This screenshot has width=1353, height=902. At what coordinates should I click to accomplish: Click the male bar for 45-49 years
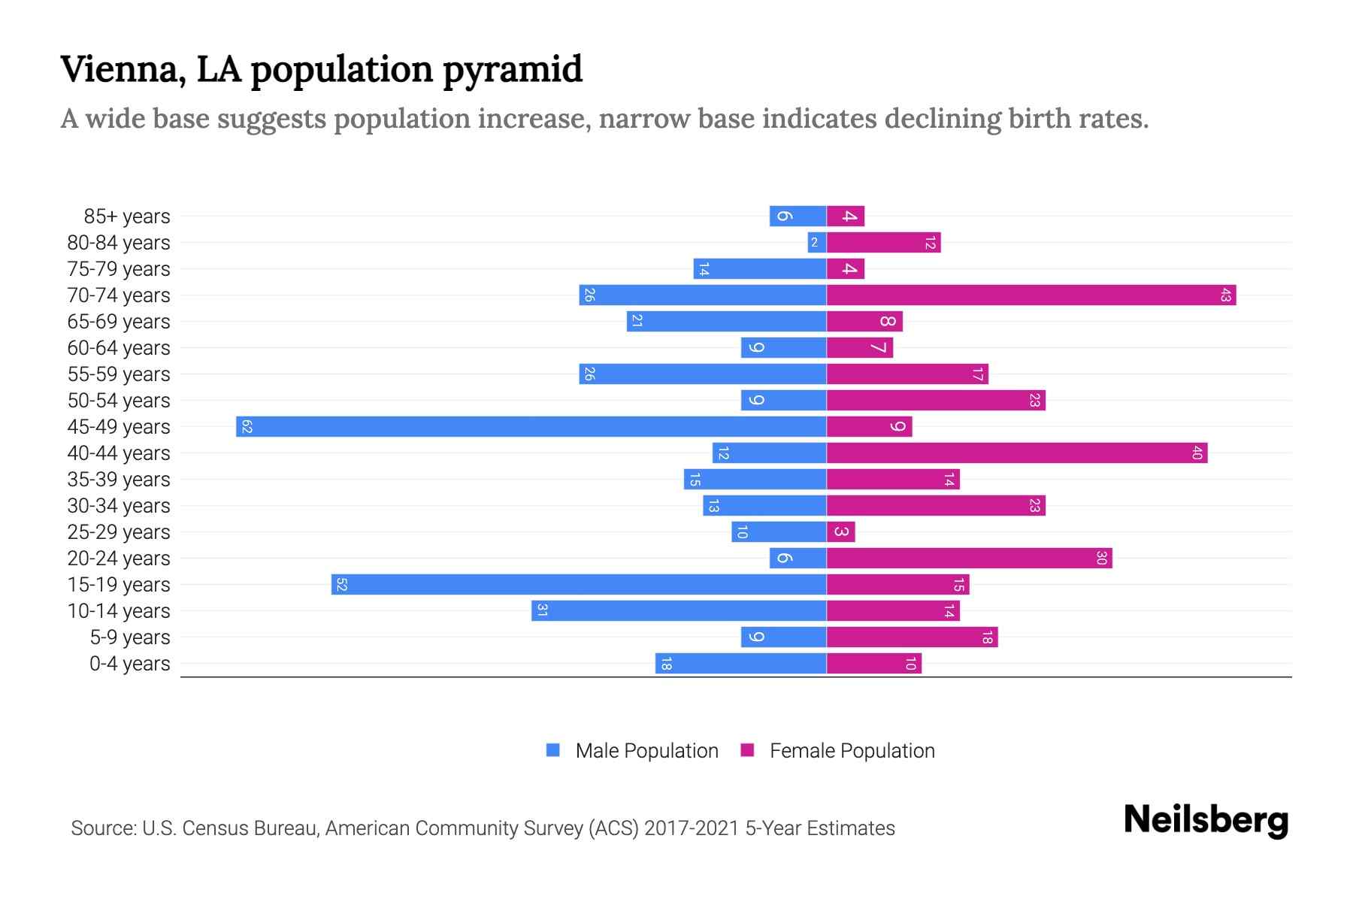[531, 426]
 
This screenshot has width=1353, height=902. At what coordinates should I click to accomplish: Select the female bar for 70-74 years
[1031, 295]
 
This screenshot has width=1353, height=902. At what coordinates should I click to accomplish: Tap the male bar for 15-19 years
[579, 584]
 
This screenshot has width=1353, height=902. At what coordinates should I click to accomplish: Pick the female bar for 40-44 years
[1017, 453]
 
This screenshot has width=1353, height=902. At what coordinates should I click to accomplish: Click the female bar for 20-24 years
[969, 558]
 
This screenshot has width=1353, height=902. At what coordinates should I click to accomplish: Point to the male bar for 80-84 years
[817, 242]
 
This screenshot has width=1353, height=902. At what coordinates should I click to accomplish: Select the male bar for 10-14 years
[679, 610]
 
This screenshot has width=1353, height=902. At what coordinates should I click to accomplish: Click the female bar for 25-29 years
[841, 531]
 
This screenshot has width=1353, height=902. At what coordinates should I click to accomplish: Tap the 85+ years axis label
[127, 216]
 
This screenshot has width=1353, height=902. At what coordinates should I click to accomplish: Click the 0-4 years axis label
[129, 664]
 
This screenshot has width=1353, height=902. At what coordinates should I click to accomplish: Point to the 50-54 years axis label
[119, 401]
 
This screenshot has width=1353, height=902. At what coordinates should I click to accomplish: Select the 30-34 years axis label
[119, 506]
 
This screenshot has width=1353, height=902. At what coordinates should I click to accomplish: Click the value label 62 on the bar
[247, 427]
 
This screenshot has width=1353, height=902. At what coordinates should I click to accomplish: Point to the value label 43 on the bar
[1225, 295]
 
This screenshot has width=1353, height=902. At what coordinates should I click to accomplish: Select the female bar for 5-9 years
[912, 637]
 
